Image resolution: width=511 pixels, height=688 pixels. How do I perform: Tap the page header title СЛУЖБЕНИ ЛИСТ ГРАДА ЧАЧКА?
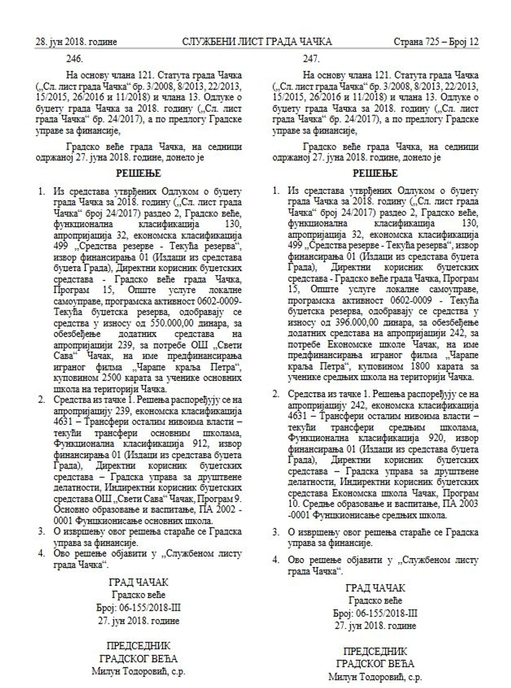pos(257,42)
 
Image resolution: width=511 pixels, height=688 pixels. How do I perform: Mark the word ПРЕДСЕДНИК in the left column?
pos(139,646)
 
